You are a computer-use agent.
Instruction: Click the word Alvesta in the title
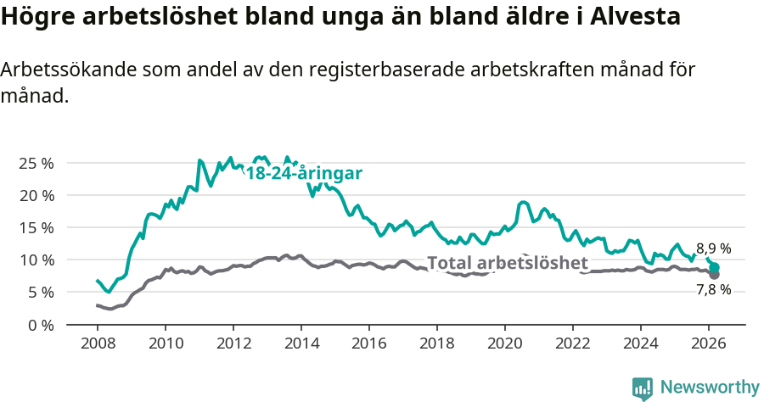click(636, 17)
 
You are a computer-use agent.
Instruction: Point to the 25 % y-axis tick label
click(35, 163)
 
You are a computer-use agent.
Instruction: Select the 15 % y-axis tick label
click(35, 227)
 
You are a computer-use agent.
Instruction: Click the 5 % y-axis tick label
click(39, 293)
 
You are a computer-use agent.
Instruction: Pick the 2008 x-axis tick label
click(97, 343)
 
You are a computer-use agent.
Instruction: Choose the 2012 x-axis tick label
click(233, 343)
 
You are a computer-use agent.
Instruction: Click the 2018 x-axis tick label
click(436, 343)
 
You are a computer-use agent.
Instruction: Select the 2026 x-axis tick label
click(708, 343)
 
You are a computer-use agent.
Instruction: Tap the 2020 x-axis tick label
click(504, 343)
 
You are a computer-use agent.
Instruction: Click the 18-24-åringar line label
click(304, 173)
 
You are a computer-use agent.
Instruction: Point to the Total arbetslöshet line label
click(507, 263)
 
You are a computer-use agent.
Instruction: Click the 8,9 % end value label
click(713, 248)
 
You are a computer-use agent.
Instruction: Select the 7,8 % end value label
click(713, 290)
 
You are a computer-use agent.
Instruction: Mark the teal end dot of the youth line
click(715, 267)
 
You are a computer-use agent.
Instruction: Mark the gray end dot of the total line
click(714, 275)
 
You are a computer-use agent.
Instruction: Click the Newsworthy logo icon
click(643, 388)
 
